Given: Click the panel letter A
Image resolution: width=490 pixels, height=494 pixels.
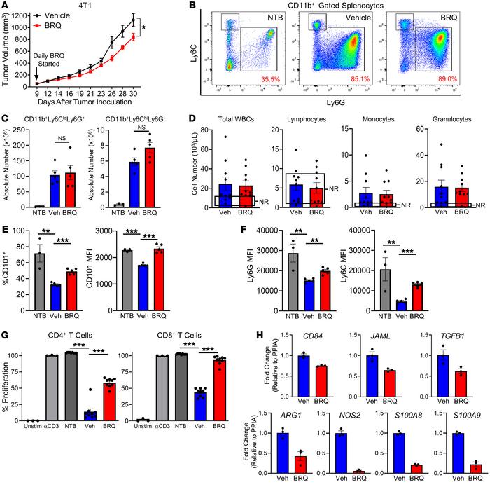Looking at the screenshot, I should coord(6,6).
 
